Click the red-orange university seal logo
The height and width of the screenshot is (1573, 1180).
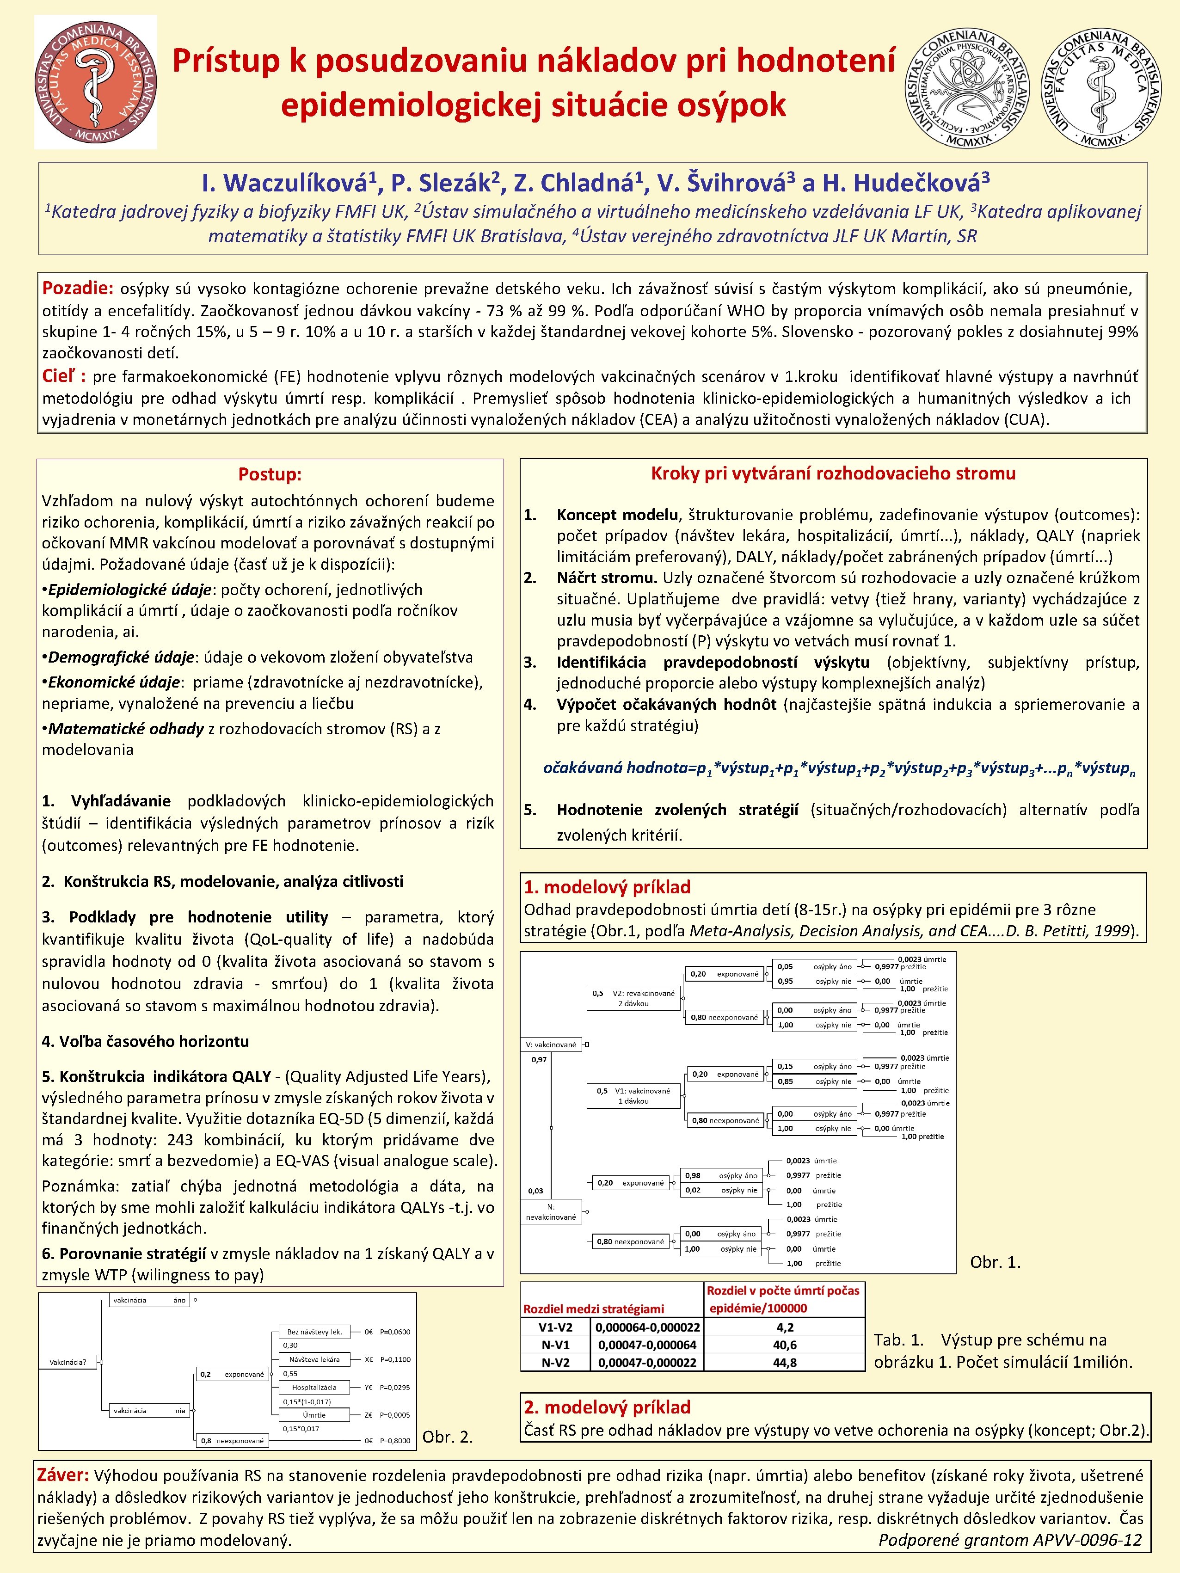[x=95, y=82]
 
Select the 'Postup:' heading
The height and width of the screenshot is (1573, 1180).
[x=270, y=474]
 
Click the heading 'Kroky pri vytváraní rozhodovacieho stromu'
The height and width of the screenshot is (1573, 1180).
[x=833, y=473]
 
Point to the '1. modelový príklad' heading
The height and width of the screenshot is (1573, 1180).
[x=607, y=887]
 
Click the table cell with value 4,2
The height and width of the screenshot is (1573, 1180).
[x=785, y=1327]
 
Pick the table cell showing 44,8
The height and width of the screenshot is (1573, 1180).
[x=785, y=1363]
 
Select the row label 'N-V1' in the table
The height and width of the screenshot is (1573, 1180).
[x=555, y=1345]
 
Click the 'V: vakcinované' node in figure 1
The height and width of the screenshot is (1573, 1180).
[x=551, y=1045]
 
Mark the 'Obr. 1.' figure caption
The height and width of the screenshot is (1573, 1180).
[x=995, y=1262]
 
